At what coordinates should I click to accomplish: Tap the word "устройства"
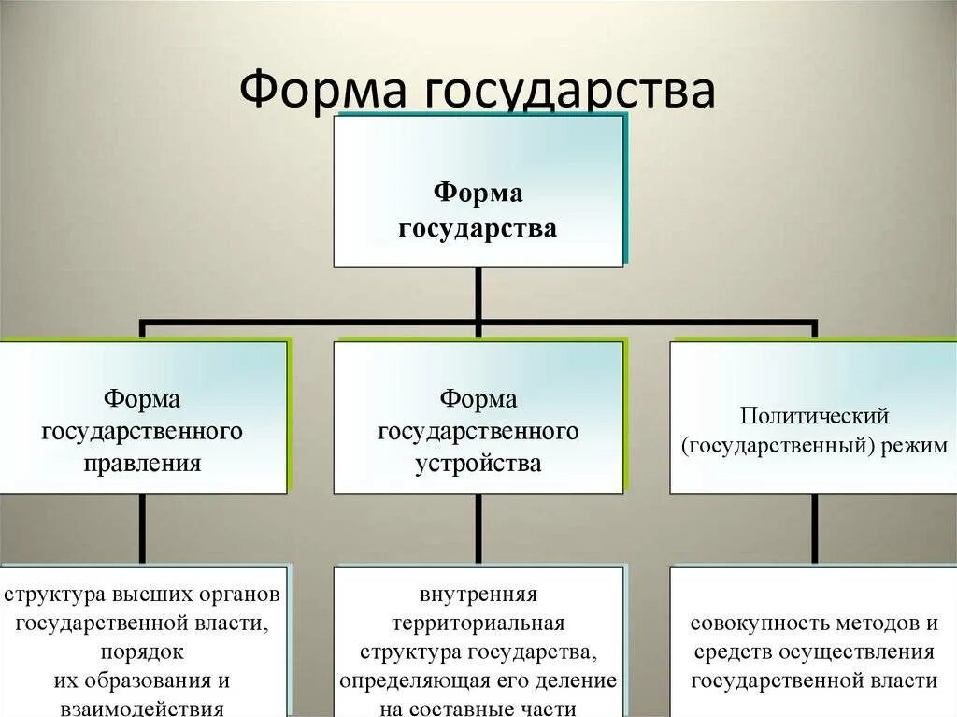click(478, 463)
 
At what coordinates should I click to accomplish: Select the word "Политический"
click(814, 415)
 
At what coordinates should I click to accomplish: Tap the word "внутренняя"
click(478, 595)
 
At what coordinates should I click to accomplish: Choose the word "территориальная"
click(478, 623)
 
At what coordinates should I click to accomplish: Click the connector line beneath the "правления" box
click(143, 528)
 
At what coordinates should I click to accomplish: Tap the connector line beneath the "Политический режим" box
click(815, 528)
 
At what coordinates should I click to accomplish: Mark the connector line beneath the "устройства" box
click(478, 528)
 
